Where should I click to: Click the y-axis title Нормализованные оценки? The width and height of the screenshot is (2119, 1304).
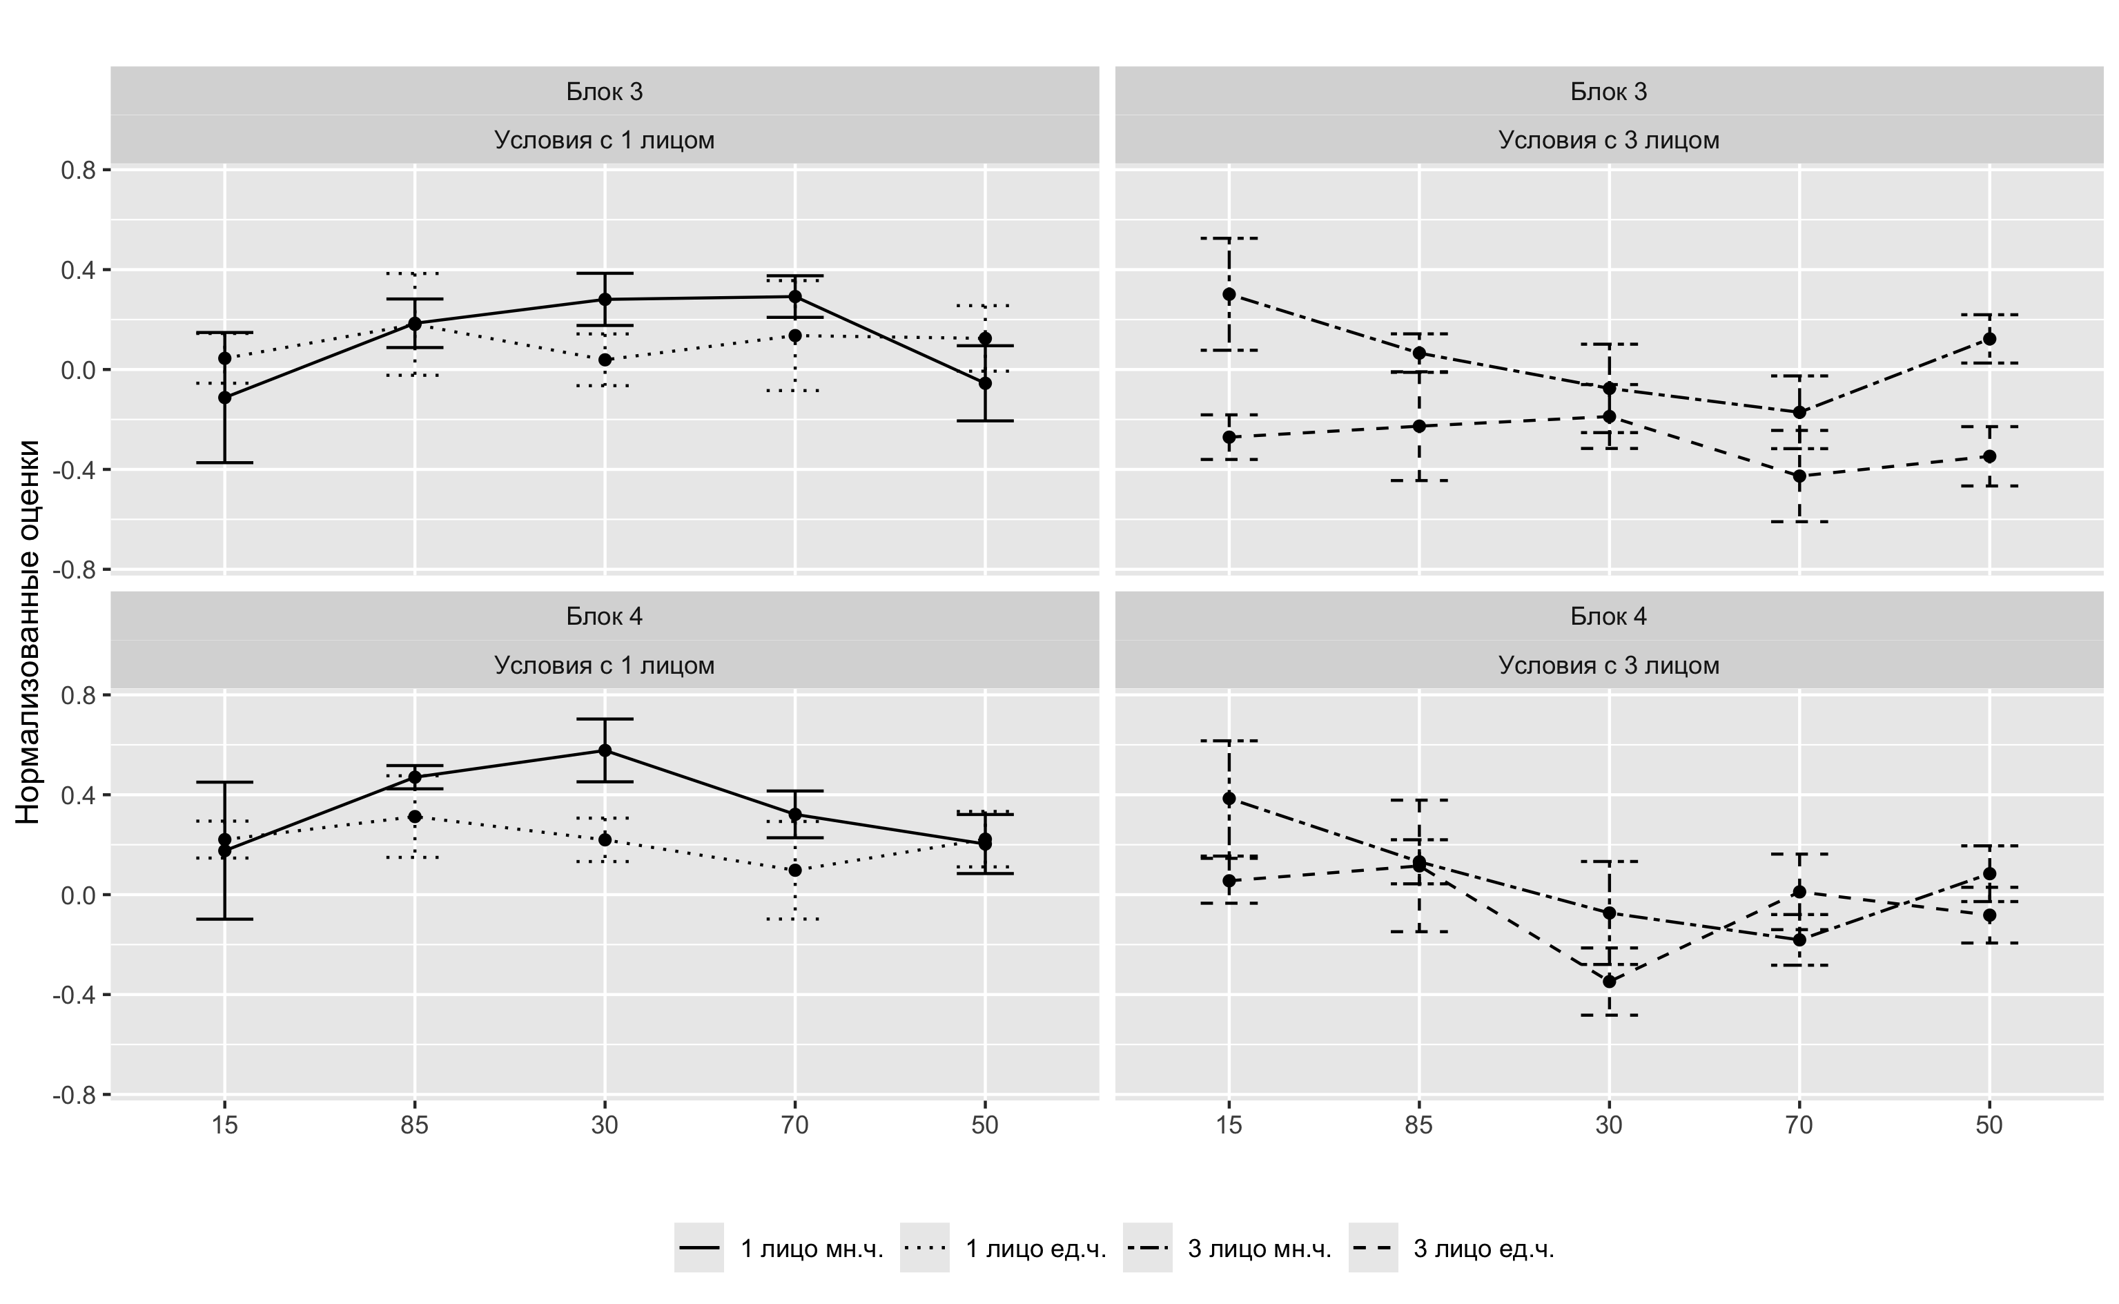[28, 632]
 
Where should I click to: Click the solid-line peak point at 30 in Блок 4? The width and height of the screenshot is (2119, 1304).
[605, 750]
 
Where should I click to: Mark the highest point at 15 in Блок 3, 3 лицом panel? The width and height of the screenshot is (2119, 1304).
[1229, 294]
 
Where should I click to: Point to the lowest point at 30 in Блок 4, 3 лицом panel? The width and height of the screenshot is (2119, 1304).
[1609, 982]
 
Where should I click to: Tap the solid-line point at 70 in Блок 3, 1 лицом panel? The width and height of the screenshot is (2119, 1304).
[795, 297]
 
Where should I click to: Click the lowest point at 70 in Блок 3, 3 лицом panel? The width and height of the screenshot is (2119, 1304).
[1799, 476]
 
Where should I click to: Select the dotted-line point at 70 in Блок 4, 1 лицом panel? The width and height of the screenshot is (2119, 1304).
[795, 870]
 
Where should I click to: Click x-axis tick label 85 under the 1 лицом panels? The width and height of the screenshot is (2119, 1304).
[415, 1125]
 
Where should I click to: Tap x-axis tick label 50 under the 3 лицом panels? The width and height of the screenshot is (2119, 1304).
[1989, 1125]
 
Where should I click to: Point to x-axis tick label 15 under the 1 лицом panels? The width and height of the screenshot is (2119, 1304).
[224, 1125]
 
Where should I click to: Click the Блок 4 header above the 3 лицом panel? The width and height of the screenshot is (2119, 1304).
[1609, 616]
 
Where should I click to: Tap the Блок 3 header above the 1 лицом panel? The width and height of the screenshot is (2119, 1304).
[605, 91]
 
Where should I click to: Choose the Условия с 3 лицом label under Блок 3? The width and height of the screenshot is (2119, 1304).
[1609, 139]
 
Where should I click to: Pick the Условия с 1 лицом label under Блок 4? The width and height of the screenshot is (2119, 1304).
[605, 665]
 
